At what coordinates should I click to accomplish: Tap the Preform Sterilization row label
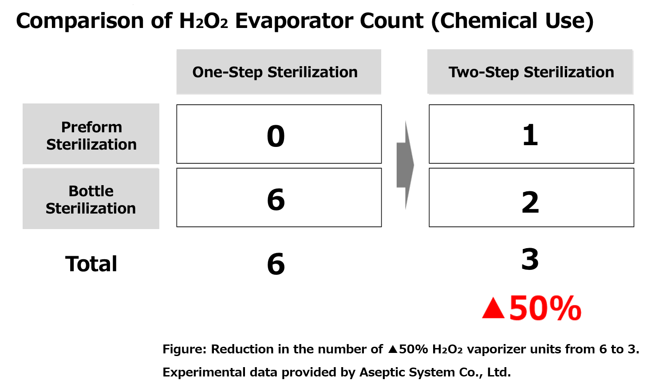point(91,135)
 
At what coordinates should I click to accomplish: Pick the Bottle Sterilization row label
point(91,199)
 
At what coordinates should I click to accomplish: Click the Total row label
point(91,264)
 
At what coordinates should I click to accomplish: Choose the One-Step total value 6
point(276,264)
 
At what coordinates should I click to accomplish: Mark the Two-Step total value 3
point(530,259)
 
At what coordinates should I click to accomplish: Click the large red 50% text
point(545,308)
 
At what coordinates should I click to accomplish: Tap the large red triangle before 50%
point(493,309)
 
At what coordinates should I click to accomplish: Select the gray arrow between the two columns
point(405,165)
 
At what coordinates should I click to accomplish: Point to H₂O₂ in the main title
point(204,21)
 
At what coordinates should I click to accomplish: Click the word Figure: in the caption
point(185,349)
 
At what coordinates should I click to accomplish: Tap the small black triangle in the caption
point(393,349)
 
